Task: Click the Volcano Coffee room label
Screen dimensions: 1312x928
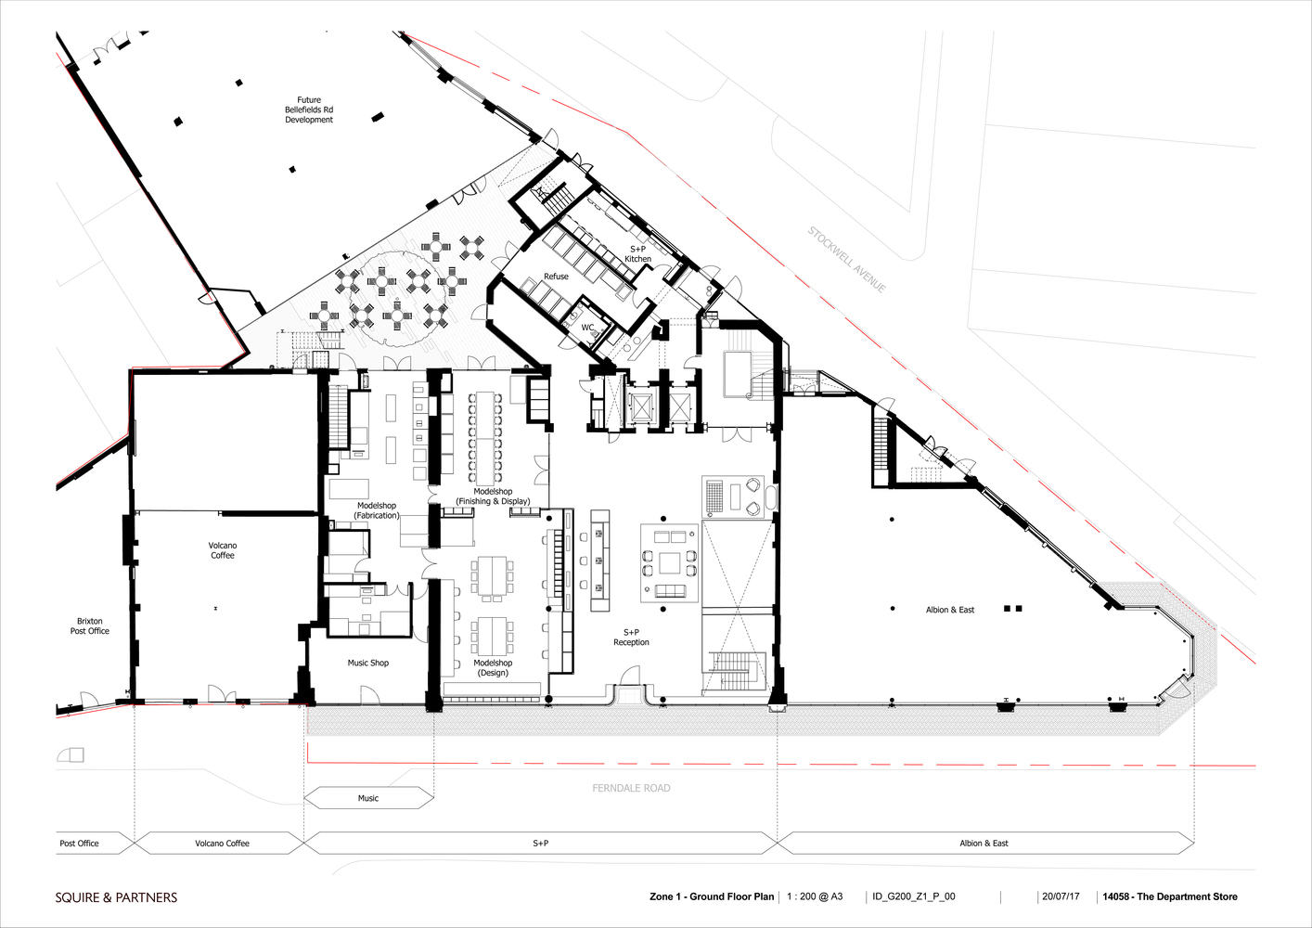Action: (x=223, y=550)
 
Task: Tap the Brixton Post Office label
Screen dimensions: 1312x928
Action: (x=90, y=625)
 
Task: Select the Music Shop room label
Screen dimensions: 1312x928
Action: (x=367, y=663)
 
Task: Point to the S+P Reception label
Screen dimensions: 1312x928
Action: (x=631, y=637)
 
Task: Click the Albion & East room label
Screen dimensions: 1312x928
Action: (x=950, y=610)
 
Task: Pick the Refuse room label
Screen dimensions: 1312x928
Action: (x=556, y=277)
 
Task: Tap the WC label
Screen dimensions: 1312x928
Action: (x=587, y=328)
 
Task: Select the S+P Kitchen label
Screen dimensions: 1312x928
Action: (x=637, y=253)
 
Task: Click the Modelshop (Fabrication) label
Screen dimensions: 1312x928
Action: (x=377, y=510)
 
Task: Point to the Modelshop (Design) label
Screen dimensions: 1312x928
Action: (x=493, y=668)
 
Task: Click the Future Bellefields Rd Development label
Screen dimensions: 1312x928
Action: (x=309, y=110)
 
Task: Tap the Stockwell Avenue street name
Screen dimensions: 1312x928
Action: (x=847, y=260)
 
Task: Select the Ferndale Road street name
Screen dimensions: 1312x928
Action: (x=631, y=788)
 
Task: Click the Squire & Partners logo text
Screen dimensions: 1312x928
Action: (x=116, y=897)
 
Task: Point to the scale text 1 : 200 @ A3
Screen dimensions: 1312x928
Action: (x=815, y=896)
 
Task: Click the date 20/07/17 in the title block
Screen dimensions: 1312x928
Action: (x=1061, y=896)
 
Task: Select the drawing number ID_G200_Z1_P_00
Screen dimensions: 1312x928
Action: (x=914, y=896)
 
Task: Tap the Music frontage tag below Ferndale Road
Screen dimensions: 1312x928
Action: (x=368, y=798)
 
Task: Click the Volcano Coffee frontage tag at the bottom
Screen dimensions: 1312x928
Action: (x=222, y=843)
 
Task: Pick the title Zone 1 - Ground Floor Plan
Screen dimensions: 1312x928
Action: (x=712, y=896)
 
